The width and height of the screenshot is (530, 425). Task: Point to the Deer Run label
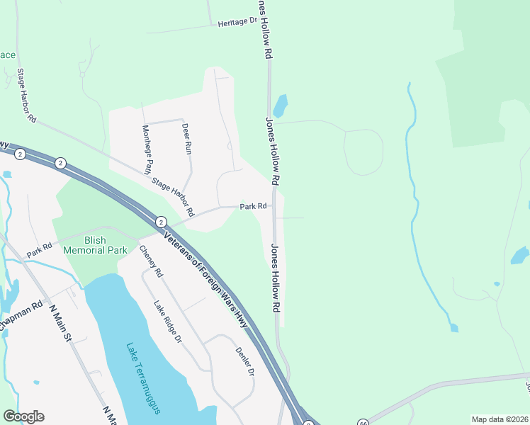click(x=187, y=139)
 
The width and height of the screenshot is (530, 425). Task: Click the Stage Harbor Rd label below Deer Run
click(x=171, y=196)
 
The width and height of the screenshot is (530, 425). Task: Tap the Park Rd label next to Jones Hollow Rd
click(x=253, y=207)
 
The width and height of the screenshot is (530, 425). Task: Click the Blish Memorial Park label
click(x=95, y=245)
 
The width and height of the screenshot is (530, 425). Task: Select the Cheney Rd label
click(x=151, y=261)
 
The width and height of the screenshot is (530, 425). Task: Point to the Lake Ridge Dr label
click(x=168, y=322)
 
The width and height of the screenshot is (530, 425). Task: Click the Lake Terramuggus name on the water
click(x=143, y=378)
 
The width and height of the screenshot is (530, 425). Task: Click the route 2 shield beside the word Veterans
click(x=161, y=222)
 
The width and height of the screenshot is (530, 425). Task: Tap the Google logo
click(x=23, y=416)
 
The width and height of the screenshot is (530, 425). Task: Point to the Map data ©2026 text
click(x=500, y=419)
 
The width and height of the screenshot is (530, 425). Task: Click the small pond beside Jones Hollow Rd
click(x=281, y=106)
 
